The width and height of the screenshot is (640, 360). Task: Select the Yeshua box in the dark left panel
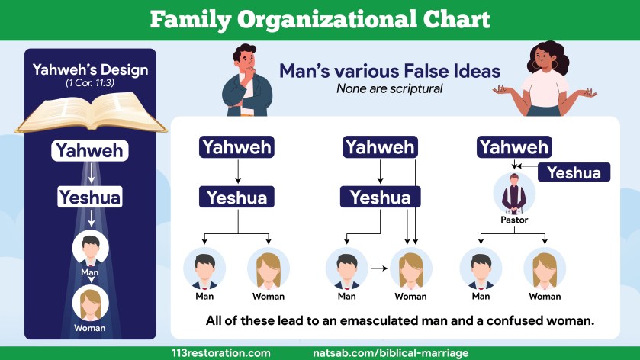point(90,198)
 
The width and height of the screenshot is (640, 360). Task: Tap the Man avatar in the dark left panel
point(90,248)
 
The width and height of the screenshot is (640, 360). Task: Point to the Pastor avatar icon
point(514,194)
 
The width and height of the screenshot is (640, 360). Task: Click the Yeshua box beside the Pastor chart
point(574,172)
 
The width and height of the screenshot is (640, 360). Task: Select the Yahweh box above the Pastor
point(513,146)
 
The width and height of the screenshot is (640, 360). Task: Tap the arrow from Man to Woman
point(377,268)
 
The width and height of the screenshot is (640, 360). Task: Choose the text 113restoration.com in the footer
point(221,353)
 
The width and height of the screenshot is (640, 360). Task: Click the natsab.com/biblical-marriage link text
point(391,353)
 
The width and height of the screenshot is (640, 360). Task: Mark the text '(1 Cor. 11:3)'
point(90,82)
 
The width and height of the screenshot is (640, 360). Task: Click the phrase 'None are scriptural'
point(389,88)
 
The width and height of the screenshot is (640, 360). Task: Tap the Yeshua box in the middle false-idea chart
point(380,198)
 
